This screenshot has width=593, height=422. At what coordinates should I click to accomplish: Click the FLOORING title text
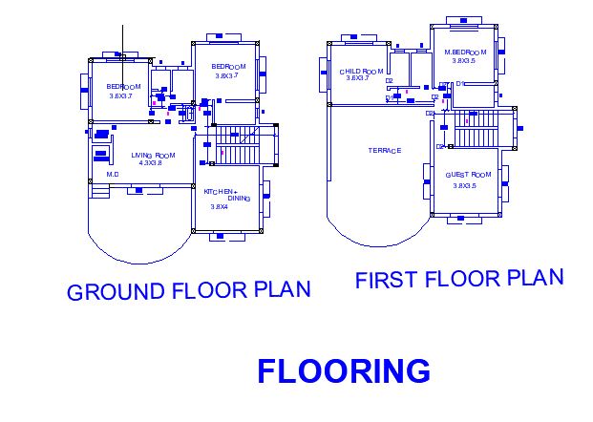coord(344,371)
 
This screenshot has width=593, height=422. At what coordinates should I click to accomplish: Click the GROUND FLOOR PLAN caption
coord(188,291)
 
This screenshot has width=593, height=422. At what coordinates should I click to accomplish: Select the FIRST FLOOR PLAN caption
coord(458,279)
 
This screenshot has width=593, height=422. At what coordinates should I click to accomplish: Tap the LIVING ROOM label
coord(153,155)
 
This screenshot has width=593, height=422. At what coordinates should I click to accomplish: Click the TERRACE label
coord(384,151)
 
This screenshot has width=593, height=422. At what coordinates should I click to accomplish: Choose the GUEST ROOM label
coord(468,175)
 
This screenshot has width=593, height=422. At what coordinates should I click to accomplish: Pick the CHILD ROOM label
coord(361,71)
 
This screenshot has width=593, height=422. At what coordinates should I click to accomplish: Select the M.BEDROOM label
coord(466,52)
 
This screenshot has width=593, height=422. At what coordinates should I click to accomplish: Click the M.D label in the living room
coord(113,174)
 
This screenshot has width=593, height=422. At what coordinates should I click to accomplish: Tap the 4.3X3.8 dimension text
coord(151,163)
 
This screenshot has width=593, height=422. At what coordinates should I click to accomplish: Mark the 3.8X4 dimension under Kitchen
coord(219,206)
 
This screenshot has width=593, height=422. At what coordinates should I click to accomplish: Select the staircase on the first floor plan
coord(473,129)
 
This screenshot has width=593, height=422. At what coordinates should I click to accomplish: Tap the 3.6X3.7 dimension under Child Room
coord(357,78)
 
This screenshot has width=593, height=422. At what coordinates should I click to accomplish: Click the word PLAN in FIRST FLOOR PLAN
coord(535,277)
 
